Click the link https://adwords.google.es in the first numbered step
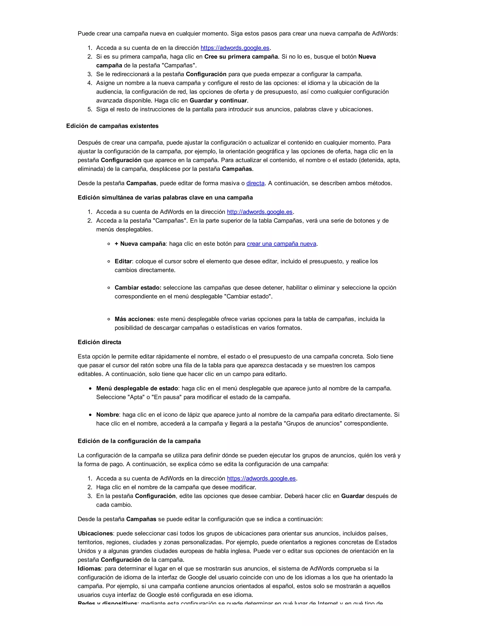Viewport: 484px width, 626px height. [235, 48]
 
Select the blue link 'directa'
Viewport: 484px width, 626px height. [255, 183]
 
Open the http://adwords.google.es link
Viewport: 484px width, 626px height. [259, 212]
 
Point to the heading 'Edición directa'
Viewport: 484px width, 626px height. [99, 342]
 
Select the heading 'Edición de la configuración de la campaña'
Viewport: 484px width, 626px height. [139, 441]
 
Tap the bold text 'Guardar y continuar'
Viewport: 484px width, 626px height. [218, 101]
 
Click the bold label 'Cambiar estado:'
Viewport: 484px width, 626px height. [138, 287]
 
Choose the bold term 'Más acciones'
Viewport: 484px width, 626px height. [134, 319]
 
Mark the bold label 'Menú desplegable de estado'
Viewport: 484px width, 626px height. [137, 388]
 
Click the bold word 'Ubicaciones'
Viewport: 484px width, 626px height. [95, 533]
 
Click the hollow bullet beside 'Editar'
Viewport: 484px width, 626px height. [109, 262]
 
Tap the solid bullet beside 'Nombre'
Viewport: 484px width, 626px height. [90, 415]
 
